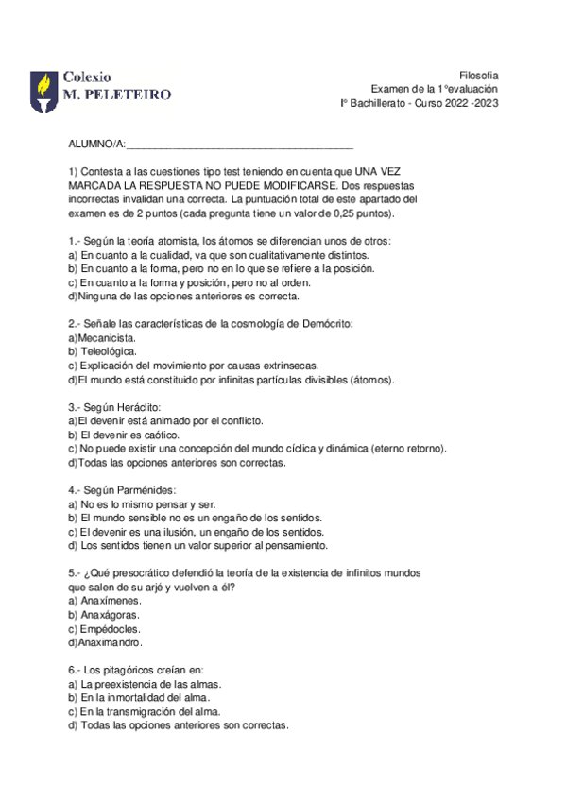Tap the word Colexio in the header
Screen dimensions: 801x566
(x=87, y=76)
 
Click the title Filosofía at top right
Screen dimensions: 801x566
(x=478, y=75)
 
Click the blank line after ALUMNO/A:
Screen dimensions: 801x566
(x=240, y=144)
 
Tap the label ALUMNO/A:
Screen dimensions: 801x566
(x=96, y=144)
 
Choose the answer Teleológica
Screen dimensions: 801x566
(x=110, y=351)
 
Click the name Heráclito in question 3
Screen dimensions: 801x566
(x=139, y=407)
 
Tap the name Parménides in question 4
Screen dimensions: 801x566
(x=144, y=490)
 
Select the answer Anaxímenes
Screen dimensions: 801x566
(x=111, y=601)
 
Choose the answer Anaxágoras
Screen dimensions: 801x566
(x=111, y=615)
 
